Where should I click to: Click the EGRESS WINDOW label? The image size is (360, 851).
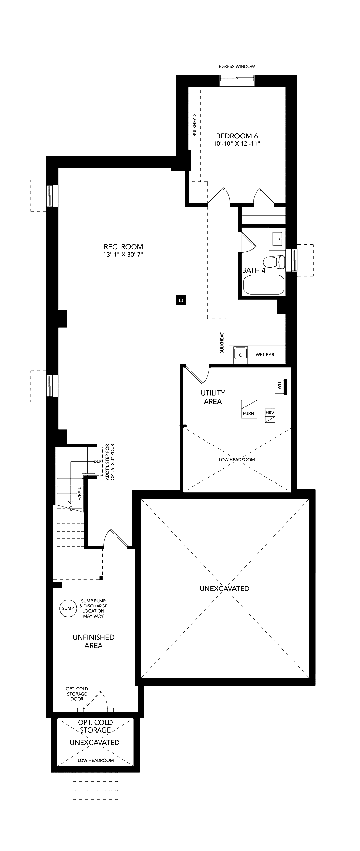[x=237, y=66]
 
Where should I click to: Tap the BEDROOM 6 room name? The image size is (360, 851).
[x=237, y=136]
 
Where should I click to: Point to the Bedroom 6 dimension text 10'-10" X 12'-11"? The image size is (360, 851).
[x=237, y=144]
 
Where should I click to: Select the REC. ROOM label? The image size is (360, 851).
[x=123, y=247]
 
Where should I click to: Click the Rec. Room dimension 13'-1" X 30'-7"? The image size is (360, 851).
[x=123, y=255]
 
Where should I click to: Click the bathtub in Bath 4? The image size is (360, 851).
[x=264, y=285]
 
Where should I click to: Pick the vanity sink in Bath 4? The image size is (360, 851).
[x=277, y=238]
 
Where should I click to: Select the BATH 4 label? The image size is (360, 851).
[x=254, y=270]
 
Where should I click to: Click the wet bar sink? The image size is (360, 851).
[x=241, y=355]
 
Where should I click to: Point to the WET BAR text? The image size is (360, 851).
[x=265, y=355]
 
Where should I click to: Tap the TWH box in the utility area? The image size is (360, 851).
[x=279, y=387]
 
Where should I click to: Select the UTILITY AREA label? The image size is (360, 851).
[x=213, y=397]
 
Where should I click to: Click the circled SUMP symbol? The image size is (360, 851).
[x=68, y=608]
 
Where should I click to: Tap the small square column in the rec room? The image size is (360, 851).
[x=181, y=300]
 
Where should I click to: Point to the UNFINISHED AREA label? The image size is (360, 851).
[x=94, y=641]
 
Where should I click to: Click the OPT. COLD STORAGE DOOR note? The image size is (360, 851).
[x=77, y=694]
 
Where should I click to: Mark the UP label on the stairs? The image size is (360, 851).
[x=98, y=462]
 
